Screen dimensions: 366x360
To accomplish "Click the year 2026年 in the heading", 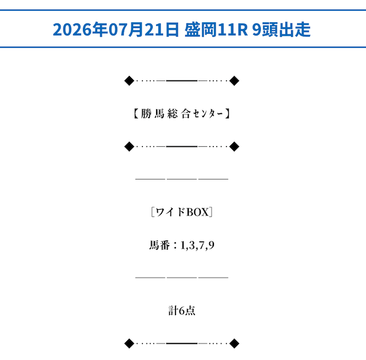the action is [80, 30].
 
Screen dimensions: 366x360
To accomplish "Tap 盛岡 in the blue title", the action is [201, 30].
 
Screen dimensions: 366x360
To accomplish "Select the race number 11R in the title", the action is [233, 30].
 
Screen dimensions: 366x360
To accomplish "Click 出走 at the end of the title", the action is [295, 30].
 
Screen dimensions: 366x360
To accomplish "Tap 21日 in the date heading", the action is [161, 30].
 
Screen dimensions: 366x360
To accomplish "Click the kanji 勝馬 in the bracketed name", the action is [153, 114].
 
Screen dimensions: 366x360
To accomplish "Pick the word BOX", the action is [197, 212].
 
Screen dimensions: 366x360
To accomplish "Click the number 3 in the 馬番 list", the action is [192, 245].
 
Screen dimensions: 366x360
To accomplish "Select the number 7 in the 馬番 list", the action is [202, 245].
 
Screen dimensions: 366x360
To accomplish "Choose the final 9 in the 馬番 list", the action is [211, 245].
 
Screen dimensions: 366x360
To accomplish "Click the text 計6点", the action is [182, 311].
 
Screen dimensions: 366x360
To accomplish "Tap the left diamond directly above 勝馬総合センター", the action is [129, 81].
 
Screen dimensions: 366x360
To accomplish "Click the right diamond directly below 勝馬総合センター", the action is [234, 147].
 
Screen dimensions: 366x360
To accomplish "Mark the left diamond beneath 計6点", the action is [129, 343].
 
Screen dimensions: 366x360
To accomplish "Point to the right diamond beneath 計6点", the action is [234, 343].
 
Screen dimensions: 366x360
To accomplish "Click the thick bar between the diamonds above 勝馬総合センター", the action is [182, 81].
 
